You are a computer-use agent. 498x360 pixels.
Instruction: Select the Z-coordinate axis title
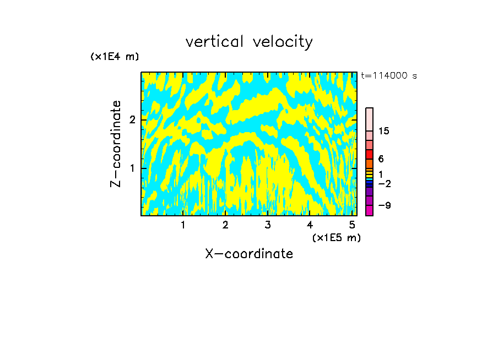(116, 143)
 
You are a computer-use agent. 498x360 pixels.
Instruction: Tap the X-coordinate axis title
(249, 254)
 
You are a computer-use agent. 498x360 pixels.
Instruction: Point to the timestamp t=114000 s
(389, 76)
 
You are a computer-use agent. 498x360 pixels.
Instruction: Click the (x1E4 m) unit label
(115, 57)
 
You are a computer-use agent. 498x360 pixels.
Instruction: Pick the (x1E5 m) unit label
(336, 237)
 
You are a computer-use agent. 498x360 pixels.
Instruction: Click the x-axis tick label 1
(183, 225)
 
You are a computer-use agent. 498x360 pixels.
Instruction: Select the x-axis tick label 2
(225, 225)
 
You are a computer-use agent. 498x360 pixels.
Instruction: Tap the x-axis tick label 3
(268, 225)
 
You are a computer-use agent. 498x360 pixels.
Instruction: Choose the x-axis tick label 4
(310, 225)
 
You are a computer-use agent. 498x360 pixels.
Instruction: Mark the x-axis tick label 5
(352, 225)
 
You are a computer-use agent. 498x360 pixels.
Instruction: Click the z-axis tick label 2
(132, 119)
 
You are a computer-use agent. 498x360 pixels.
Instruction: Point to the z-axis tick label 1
(132, 168)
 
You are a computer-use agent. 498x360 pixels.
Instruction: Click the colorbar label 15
(384, 131)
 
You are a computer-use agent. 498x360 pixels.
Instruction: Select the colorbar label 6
(381, 159)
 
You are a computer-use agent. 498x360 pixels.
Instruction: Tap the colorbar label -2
(384, 183)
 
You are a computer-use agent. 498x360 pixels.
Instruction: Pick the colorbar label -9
(384, 205)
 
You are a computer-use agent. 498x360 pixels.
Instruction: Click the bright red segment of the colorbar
(370, 154)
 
